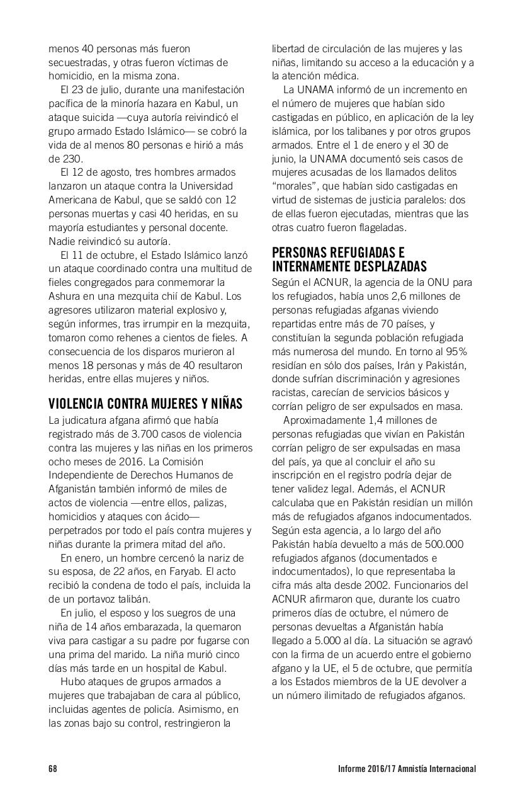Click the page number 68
tap(53, 769)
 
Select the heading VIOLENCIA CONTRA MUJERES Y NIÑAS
tap(145, 404)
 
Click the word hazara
tap(172, 103)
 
